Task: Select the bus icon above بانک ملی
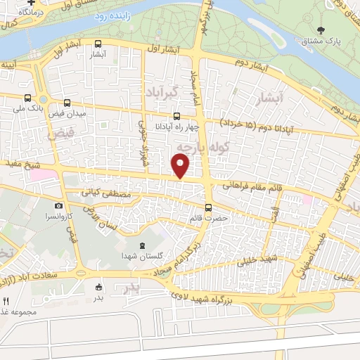point(27,98)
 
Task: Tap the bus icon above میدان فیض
point(67,103)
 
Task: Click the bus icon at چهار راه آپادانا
point(176,117)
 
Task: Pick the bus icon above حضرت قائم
point(208,207)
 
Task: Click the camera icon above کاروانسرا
point(58,206)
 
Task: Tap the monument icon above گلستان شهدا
point(143,245)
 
